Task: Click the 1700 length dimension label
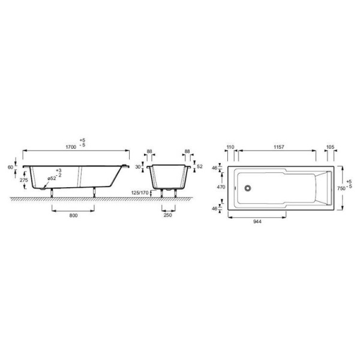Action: [71, 147]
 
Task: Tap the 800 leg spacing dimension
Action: [73, 215]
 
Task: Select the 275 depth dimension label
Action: [23, 180]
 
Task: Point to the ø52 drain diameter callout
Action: [52, 179]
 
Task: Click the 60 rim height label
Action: [11, 167]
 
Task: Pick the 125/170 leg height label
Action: [140, 193]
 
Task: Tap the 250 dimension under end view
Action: [168, 215]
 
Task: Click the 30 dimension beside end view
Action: [138, 167]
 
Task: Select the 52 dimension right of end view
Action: [200, 166]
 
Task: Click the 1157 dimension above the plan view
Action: [279, 147]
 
